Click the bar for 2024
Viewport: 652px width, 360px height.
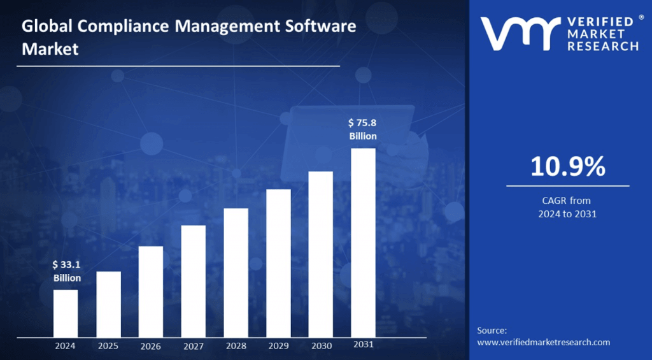(x=66, y=313)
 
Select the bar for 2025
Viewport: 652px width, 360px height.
(x=108, y=304)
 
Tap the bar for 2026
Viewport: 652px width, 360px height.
(x=151, y=291)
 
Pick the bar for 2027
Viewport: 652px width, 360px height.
(x=193, y=280)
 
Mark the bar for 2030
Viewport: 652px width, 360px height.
(x=321, y=254)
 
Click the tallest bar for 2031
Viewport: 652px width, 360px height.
(x=363, y=242)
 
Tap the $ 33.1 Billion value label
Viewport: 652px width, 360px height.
(x=66, y=271)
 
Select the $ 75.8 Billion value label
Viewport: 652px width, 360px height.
(x=363, y=129)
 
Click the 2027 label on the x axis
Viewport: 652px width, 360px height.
(x=193, y=346)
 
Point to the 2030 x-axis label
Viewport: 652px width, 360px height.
(x=321, y=346)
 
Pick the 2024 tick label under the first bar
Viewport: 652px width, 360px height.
(x=65, y=346)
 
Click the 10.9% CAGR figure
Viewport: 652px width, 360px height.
(x=567, y=167)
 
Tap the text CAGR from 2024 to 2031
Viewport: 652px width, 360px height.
(x=567, y=207)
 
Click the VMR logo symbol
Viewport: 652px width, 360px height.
(x=516, y=34)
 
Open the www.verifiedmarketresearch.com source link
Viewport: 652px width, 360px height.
(x=543, y=342)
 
